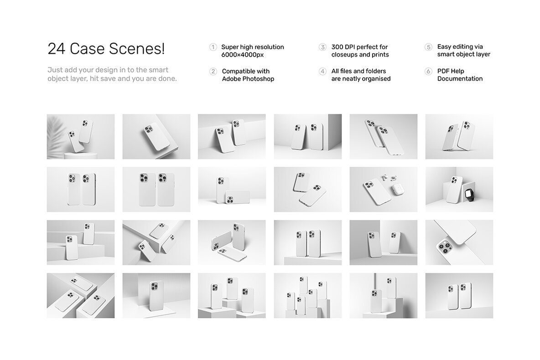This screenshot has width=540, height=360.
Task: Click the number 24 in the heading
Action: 56,48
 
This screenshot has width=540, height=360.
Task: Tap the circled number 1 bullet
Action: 213,47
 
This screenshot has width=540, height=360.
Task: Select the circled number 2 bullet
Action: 213,71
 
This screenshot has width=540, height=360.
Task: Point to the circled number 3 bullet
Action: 322,47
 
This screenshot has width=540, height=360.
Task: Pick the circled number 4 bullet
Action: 322,71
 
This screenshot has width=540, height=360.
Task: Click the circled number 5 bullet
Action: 428,47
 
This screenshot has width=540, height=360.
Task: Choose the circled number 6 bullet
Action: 428,71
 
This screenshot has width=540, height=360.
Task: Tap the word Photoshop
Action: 259,79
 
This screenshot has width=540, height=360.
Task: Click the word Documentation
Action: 460,79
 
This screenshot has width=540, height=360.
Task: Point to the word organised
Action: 376,79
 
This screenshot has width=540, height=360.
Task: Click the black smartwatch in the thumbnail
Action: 469,194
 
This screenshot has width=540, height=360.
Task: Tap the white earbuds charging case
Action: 398,190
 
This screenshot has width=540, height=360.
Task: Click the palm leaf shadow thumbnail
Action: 81,137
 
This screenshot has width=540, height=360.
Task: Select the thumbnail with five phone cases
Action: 308,296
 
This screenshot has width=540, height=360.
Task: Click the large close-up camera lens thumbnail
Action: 459,242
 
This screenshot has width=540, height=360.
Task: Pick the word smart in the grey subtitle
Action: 158,70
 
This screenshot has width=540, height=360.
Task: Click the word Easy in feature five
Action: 444,47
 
